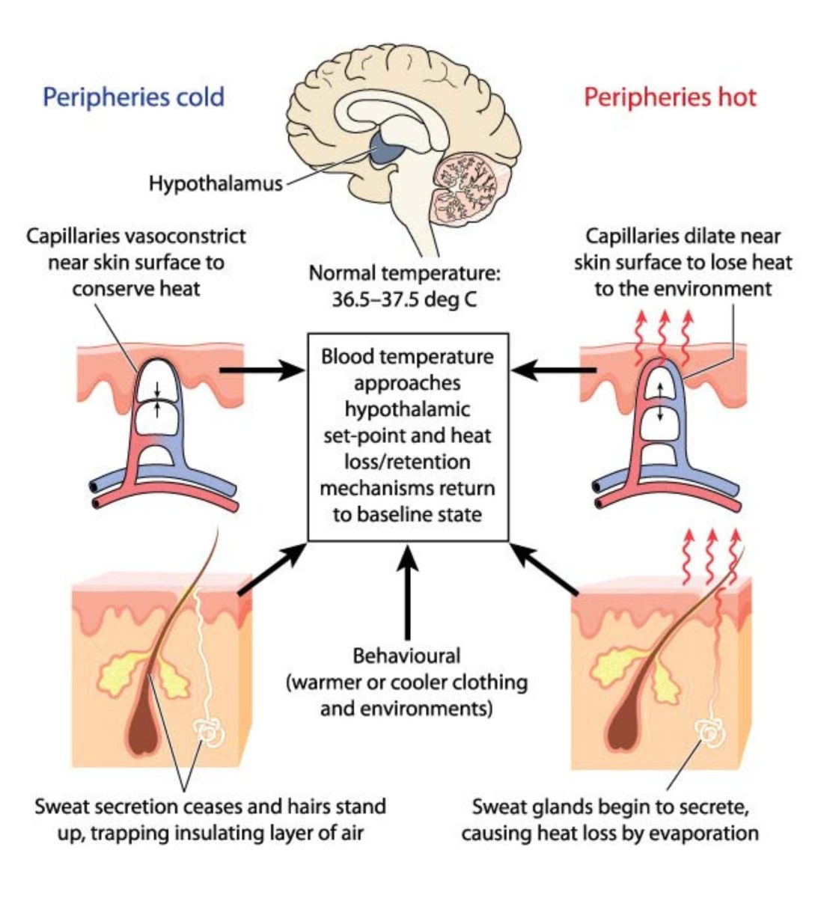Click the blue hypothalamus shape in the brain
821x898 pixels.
click(386, 150)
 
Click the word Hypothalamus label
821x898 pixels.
click(216, 183)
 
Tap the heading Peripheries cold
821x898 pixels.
click(133, 97)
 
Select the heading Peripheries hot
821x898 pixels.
click(670, 97)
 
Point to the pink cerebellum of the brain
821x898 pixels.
click(468, 187)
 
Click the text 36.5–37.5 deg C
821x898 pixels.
click(404, 299)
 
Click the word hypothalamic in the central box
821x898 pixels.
click(407, 409)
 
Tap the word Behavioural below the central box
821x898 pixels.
click(406, 656)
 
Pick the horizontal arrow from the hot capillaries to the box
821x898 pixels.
click(554, 370)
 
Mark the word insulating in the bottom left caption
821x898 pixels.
click(217, 834)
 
